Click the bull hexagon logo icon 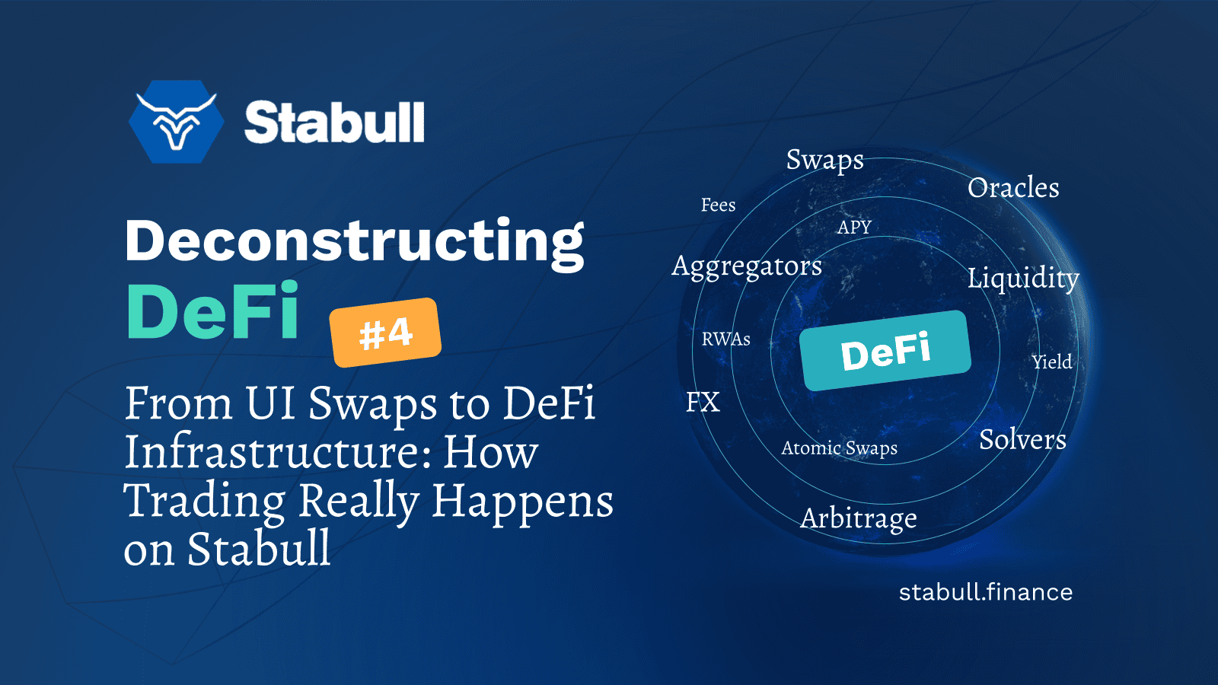click(177, 122)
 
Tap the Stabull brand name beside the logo click(334, 123)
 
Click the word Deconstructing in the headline click(355, 241)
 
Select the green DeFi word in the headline click(212, 312)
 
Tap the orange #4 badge click(385, 333)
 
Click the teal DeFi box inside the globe click(885, 351)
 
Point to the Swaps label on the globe click(824, 160)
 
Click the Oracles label click(1013, 188)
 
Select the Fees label click(718, 205)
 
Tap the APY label click(854, 228)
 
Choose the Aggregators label click(747, 266)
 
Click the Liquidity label click(1023, 278)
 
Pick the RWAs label click(725, 339)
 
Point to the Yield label click(1052, 362)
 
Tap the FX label click(703, 402)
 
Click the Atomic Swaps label click(839, 448)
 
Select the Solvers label click(1022, 440)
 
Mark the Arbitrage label click(859, 518)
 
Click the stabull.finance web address click(986, 592)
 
